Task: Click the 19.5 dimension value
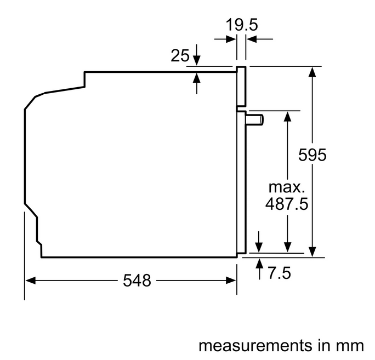[242, 25]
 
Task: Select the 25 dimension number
[180, 55]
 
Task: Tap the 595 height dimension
[312, 155]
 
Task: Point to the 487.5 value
[287, 204]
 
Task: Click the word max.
[287, 187]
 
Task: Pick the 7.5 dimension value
[279, 273]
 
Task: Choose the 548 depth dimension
[137, 280]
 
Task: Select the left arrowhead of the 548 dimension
[30, 281]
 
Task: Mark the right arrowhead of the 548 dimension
[231, 281]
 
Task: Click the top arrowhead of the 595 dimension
[312, 71]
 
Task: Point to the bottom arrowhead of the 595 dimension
[312, 252]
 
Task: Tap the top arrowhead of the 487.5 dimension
[287, 116]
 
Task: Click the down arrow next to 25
[197, 55]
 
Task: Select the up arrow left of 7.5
[259, 268]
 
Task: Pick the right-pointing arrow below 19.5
[225, 39]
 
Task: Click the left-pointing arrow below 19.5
[259, 39]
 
